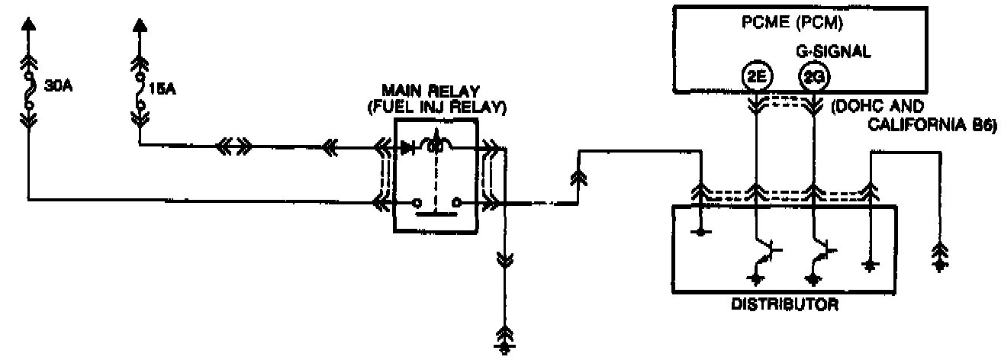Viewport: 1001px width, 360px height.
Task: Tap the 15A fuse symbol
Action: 140,89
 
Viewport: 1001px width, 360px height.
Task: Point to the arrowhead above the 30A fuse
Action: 29,24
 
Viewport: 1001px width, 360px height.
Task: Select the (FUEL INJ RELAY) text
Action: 436,108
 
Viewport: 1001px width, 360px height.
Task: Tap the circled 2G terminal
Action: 810,76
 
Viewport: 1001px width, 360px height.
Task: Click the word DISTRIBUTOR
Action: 785,306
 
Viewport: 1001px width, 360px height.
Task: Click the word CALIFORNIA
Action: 911,127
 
